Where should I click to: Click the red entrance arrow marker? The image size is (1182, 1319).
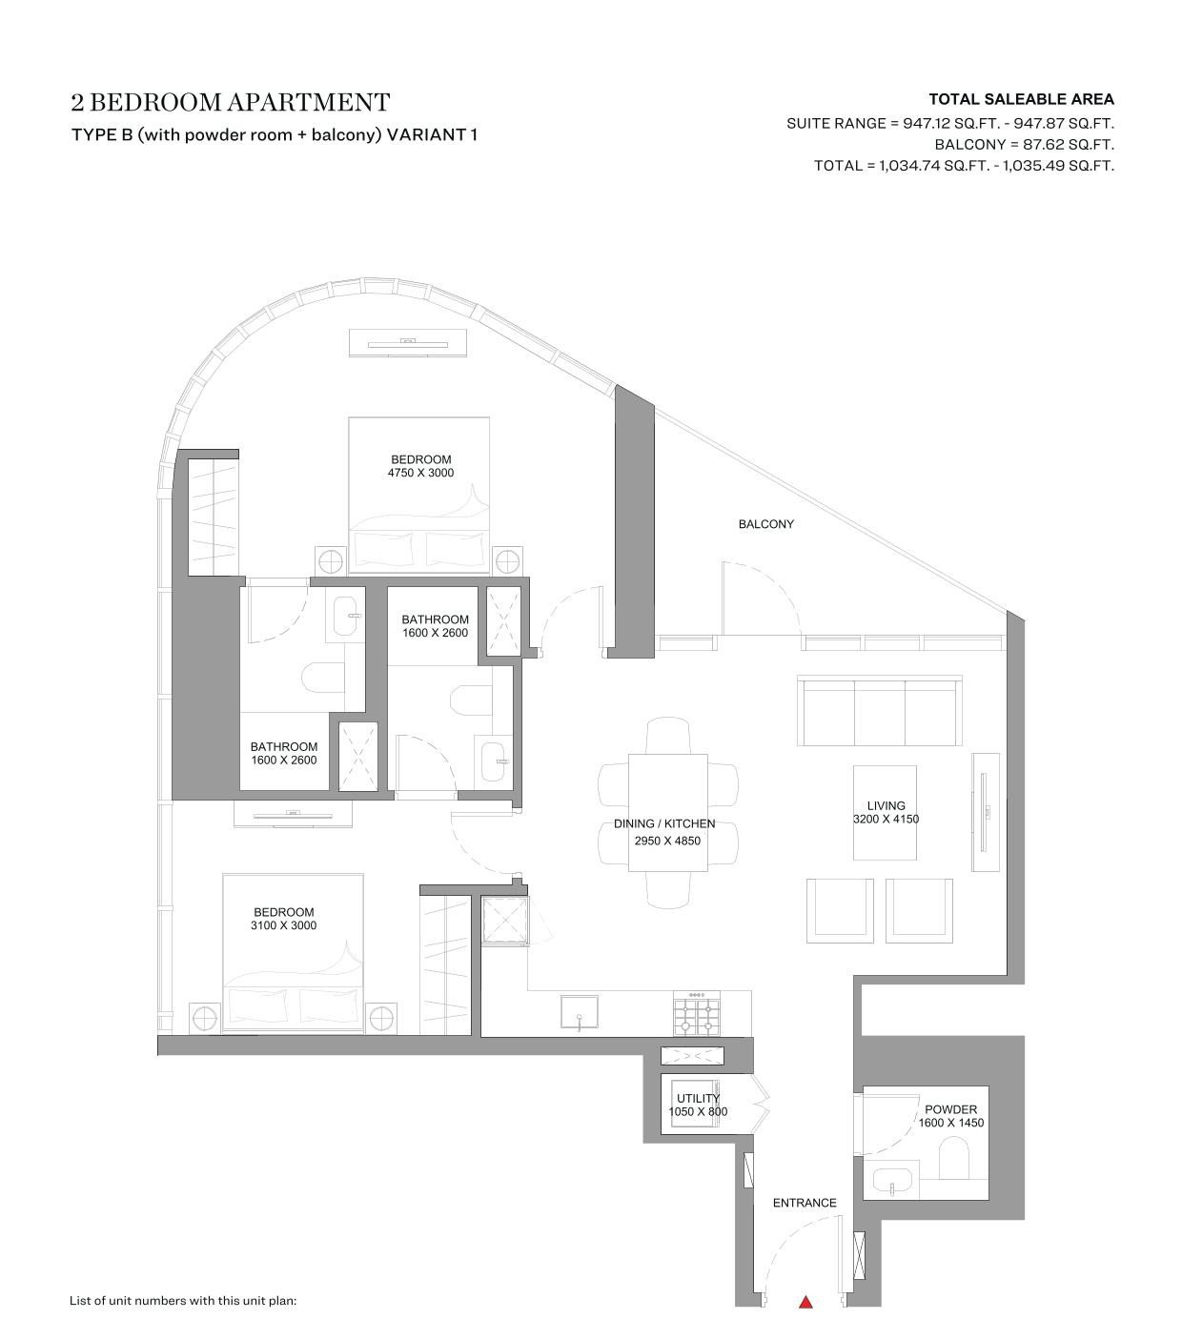(805, 1302)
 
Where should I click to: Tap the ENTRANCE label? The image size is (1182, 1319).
(805, 1203)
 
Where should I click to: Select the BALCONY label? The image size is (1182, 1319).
(765, 524)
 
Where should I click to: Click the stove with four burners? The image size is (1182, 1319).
(697, 1014)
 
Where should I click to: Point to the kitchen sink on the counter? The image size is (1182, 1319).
(580, 1013)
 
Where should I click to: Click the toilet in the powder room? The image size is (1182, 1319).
(953, 1158)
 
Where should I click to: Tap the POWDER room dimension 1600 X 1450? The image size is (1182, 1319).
(950, 1123)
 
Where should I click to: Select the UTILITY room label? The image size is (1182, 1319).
(698, 1098)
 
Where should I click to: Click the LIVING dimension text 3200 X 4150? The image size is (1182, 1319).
(886, 819)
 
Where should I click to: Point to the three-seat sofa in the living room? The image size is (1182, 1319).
(879, 711)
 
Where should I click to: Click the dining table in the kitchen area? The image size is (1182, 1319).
(667, 813)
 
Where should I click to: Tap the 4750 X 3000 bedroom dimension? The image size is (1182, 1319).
(420, 473)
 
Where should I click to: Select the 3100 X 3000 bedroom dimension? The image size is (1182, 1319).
(283, 925)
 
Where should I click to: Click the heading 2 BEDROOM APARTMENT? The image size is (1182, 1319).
(231, 102)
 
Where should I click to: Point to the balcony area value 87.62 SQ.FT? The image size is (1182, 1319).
(1069, 145)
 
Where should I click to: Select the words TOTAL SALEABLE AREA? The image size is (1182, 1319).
(1021, 100)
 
